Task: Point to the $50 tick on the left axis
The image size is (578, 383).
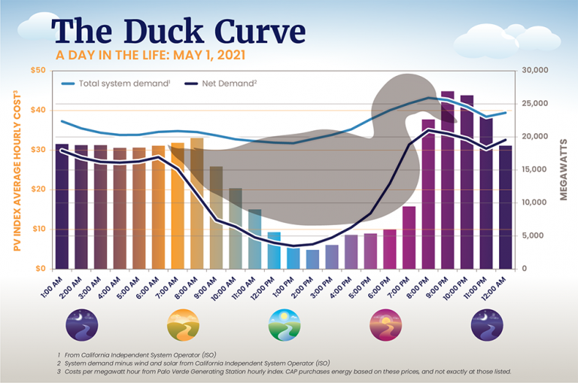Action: [37, 71]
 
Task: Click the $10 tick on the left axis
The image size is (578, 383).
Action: [37, 229]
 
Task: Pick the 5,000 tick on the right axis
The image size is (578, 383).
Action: [539, 236]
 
